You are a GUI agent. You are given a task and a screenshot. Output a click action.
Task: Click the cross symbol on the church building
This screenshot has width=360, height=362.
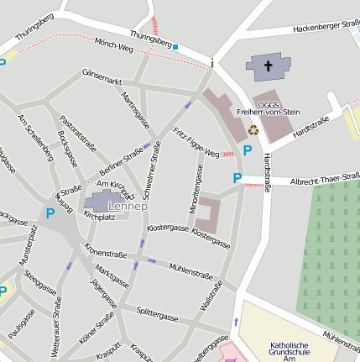[269, 65]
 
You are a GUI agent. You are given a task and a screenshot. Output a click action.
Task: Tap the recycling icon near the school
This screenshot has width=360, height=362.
[253, 129]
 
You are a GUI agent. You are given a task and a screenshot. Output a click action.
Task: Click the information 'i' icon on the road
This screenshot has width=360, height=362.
[212, 64]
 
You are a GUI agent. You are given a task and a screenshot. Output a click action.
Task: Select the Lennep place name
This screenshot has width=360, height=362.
[127, 206]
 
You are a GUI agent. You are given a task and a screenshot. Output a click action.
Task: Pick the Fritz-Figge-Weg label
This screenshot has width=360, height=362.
[196, 143]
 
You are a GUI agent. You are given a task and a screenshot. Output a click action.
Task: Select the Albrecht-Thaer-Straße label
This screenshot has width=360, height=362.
[324, 180]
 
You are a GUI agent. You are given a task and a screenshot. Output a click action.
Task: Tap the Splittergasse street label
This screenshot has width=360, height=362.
[157, 317]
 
